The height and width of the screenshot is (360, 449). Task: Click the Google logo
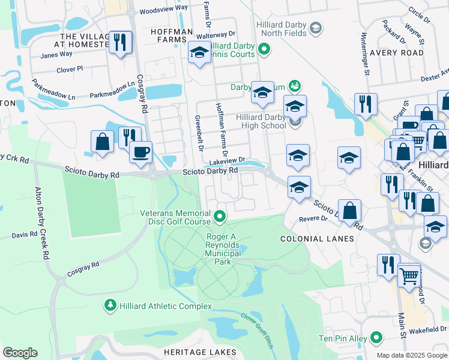pyautogui.click(x=20, y=353)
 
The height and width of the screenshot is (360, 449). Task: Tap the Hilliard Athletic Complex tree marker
pyautogui.click(x=110, y=305)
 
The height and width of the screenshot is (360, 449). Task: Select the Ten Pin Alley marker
pyautogui.click(x=376, y=338)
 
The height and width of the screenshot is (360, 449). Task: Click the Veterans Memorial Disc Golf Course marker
pyautogui.click(x=220, y=215)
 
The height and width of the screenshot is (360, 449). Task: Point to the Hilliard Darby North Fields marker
pyautogui.click(x=316, y=28)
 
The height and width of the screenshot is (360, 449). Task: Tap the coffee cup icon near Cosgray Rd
pyautogui.click(x=140, y=152)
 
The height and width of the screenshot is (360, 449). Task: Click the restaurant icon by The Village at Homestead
pyautogui.click(x=121, y=42)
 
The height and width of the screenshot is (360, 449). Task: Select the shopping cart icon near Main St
pyautogui.click(x=409, y=276)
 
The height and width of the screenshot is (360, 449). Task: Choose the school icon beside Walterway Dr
pyautogui.click(x=199, y=53)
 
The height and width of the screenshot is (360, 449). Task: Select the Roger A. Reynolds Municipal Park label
pyautogui.click(x=223, y=249)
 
